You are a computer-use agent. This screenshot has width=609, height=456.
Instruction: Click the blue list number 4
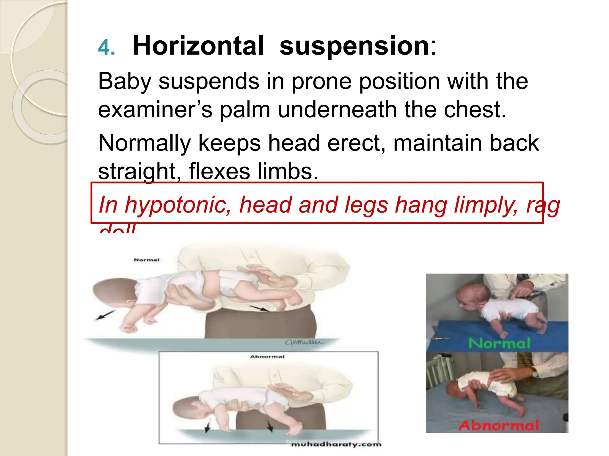106,47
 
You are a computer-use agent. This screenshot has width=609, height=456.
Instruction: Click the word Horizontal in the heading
198,46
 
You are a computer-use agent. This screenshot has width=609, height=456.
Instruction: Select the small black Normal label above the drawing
147,260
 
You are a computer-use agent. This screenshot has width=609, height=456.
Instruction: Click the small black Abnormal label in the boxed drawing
267,357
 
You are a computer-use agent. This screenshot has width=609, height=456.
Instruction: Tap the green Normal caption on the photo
499,343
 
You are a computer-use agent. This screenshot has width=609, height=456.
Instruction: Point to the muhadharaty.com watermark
336,444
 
